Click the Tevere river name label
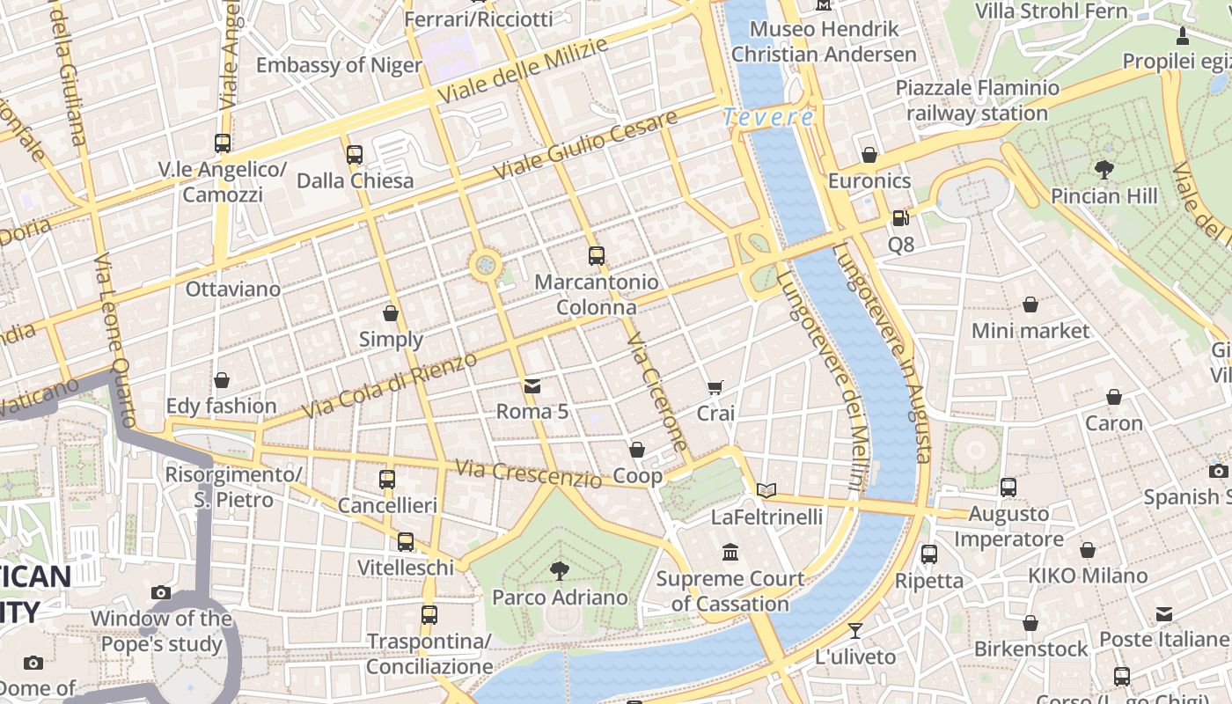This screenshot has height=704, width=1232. (768, 116)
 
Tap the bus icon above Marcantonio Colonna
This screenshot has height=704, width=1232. (597, 256)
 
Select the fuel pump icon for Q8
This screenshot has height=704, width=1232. (899, 217)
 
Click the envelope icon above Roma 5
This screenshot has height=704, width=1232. (532, 385)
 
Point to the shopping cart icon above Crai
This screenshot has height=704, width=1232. (715, 387)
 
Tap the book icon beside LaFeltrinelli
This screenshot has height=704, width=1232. (766, 490)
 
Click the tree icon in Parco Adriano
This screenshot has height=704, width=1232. (559, 571)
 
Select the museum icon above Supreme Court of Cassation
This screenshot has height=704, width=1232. (730, 553)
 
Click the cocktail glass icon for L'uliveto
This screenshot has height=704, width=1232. (854, 630)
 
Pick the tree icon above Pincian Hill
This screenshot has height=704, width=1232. (1104, 169)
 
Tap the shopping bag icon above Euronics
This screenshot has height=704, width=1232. (869, 155)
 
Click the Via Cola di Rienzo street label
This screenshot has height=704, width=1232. (389, 385)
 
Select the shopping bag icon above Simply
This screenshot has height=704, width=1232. (391, 313)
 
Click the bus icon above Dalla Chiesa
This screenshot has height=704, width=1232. (355, 155)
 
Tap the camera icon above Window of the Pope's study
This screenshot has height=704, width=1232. (160, 592)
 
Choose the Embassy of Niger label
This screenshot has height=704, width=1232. (339, 65)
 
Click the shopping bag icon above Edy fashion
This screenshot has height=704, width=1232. (222, 380)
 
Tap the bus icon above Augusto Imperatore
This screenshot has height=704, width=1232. (1008, 487)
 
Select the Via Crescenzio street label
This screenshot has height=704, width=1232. (528, 473)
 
